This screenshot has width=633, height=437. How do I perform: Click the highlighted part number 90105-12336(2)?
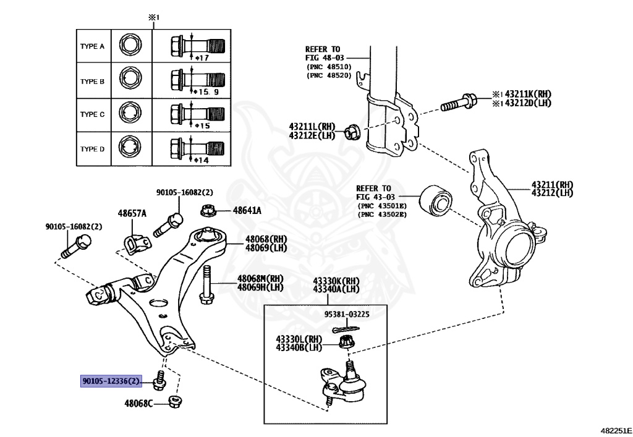(x=111, y=381)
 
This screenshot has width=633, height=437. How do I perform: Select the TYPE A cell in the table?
(x=93, y=46)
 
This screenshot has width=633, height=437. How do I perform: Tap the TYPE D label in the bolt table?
(x=93, y=149)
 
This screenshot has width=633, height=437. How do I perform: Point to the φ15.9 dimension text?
(x=206, y=92)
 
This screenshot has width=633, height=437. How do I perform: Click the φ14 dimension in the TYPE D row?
(x=202, y=160)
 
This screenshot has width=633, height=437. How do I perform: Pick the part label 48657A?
(x=132, y=213)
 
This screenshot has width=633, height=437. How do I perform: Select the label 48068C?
(x=138, y=403)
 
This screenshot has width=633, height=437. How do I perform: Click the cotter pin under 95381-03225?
(x=346, y=328)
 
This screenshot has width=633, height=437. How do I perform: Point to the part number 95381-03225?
(x=347, y=315)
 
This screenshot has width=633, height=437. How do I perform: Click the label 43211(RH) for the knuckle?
(x=552, y=185)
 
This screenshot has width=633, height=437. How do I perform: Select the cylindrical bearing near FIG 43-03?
(x=436, y=200)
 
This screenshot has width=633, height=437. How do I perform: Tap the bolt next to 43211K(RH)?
(x=459, y=102)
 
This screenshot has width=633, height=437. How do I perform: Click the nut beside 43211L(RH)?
(x=352, y=133)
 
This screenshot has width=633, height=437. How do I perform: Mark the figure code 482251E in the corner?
(x=616, y=431)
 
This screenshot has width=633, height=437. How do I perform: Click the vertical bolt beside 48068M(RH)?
(x=206, y=285)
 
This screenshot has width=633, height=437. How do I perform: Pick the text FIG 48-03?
(x=325, y=57)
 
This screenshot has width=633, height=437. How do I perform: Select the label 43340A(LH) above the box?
(x=336, y=289)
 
